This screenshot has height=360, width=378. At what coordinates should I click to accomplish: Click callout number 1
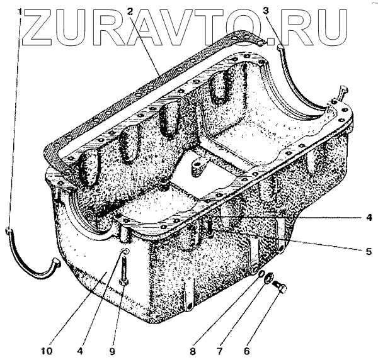click(20, 11)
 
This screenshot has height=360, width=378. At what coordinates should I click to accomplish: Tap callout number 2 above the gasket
click(130, 11)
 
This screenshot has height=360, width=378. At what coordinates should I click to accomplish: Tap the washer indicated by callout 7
click(268, 279)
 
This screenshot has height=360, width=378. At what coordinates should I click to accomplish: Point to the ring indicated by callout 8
click(255, 271)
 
